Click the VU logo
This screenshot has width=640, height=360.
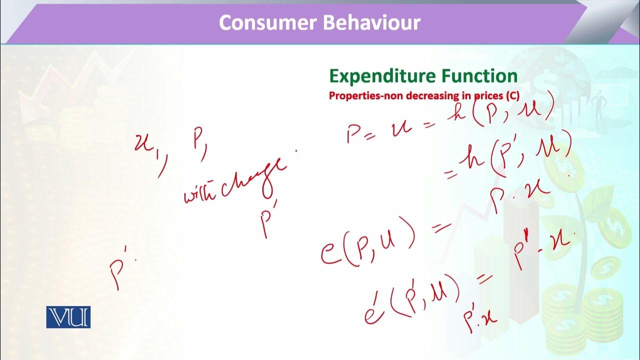click(x=68, y=317)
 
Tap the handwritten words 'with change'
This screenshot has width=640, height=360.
click(x=235, y=182)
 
